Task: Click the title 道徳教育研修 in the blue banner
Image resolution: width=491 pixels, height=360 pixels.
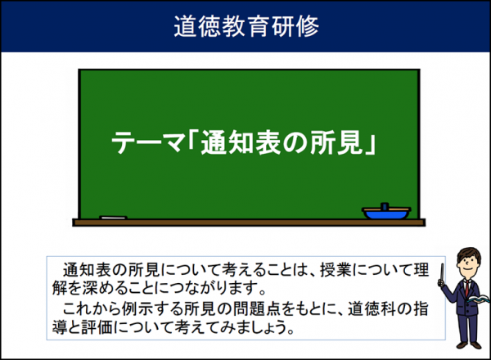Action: click(245, 25)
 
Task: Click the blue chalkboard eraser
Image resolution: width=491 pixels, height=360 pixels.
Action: click(386, 213)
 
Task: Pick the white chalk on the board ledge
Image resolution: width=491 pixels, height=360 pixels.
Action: click(114, 218)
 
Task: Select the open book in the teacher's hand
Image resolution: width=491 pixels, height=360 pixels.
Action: click(480, 301)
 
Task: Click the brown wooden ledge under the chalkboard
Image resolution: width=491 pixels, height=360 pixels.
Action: click(245, 223)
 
